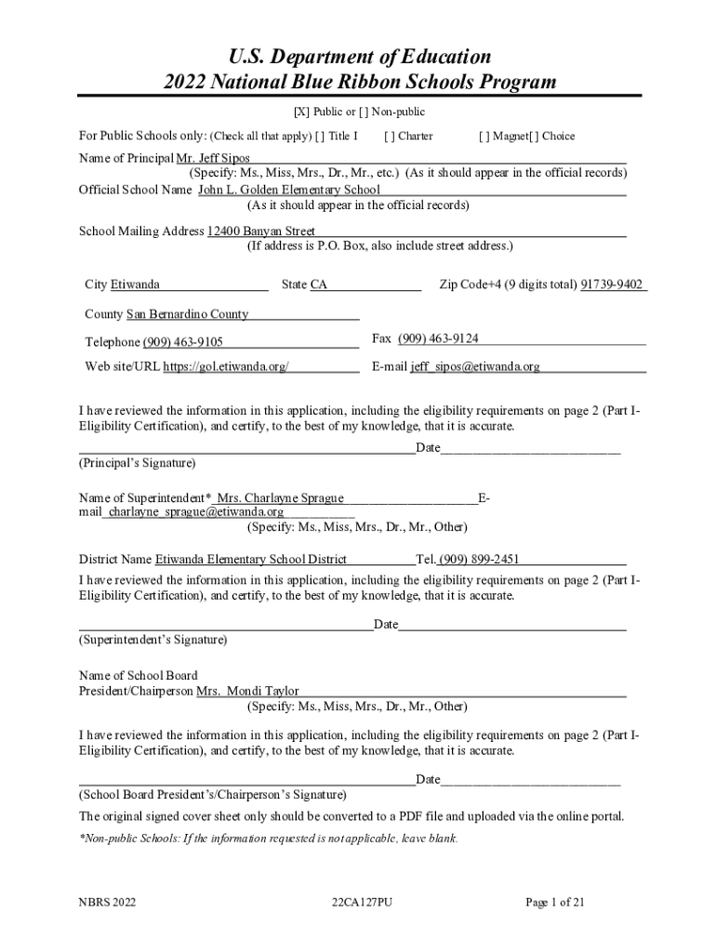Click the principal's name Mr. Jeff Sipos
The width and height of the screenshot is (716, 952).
pos(206,159)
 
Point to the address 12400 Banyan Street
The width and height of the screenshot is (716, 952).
pos(261,231)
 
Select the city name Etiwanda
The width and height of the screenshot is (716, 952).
pos(135,284)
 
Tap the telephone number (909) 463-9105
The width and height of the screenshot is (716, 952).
pos(182,342)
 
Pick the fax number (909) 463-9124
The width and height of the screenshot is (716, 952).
pos(438,338)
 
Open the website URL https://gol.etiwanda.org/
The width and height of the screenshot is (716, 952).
pos(226,366)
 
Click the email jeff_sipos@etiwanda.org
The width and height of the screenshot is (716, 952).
pos(475,366)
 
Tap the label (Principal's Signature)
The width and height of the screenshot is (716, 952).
pos(137,462)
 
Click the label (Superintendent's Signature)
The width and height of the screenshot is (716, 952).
pos(152,640)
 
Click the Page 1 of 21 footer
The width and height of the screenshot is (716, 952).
pos(555,902)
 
